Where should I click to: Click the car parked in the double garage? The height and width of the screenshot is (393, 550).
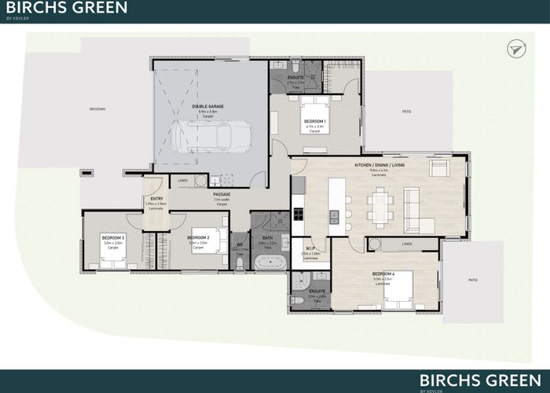213,138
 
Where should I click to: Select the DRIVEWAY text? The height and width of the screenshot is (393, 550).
97,108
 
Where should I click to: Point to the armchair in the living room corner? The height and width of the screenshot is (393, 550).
438,169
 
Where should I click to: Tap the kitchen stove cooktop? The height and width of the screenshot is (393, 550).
298,212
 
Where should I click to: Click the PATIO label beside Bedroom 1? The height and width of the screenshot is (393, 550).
406,112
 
